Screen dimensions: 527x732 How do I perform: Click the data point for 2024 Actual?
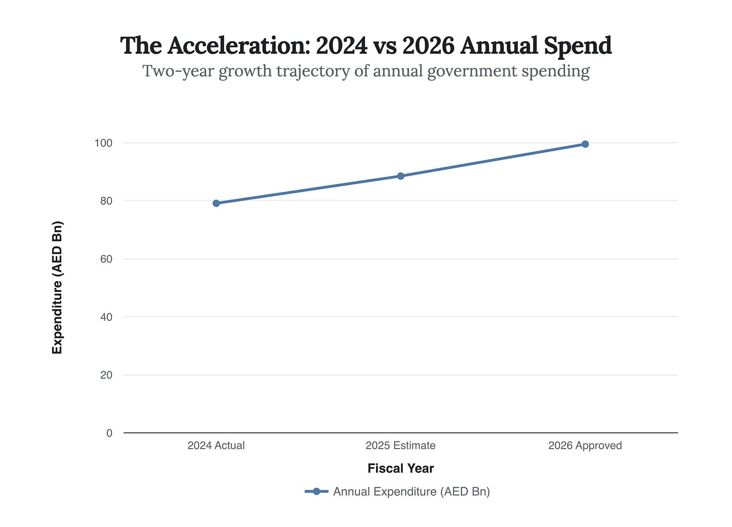point(216,203)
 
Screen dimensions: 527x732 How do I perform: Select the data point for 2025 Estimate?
point(401,176)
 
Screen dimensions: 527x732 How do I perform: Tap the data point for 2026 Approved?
point(585,144)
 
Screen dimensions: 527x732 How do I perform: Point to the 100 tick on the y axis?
point(103,143)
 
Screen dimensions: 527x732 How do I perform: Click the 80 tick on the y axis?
point(106,201)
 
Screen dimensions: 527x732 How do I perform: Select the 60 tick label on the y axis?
point(106,259)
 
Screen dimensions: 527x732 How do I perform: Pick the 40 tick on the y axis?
point(106,317)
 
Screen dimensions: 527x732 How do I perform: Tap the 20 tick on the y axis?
point(106,375)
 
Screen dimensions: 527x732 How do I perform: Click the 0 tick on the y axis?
point(109,433)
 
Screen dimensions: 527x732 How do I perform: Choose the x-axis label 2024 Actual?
point(216,446)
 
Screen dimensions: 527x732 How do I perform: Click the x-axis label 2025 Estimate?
point(401,446)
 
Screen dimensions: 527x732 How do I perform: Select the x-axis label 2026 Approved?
point(585,446)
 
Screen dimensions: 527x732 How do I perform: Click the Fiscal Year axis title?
point(401,469)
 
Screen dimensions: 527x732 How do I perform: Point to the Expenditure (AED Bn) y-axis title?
point(57,288)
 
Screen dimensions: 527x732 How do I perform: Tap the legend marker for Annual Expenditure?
point(317,491)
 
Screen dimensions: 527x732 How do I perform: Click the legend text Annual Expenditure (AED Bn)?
point(411,491)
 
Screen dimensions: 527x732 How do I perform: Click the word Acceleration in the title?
point(239,46)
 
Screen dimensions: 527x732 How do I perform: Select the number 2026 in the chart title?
point(428,46)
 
